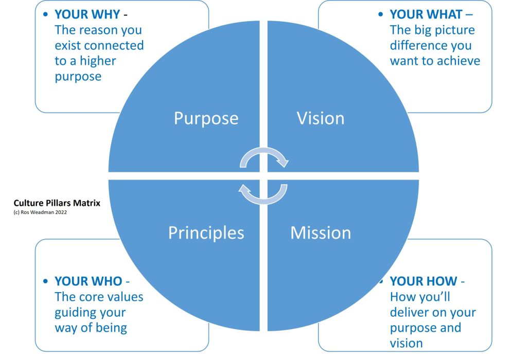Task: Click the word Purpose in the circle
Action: tap(206, 118)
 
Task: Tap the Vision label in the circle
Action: tap(320, 118)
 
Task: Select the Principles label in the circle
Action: tap(206, 233)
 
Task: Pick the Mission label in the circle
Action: tap(320, 233)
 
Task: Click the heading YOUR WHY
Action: tap(87, 14)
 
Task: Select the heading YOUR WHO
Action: tap(88, 281)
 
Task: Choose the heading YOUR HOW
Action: tap(423, 281)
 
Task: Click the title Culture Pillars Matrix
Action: tap(57, 203)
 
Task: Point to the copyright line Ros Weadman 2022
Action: tap(40, 212)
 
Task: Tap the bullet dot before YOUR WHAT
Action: tap(381, 15)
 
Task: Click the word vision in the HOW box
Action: tap(407, 344)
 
